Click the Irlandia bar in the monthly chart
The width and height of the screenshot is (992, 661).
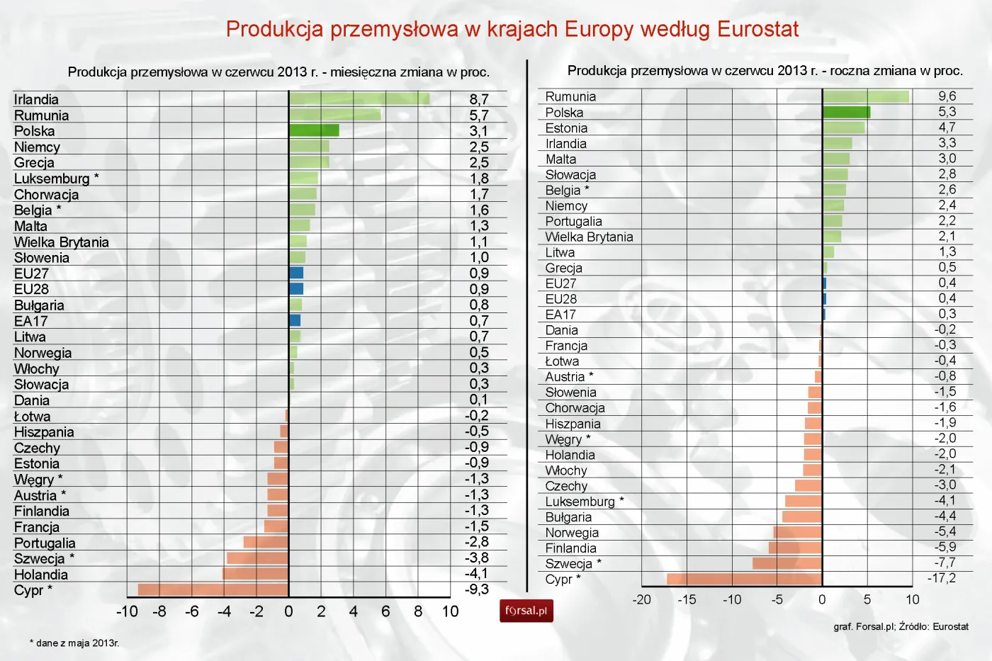click(359, 98)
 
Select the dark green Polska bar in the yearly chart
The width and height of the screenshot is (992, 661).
click(846, 112)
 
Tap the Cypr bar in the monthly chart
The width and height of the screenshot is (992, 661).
click(213, 589)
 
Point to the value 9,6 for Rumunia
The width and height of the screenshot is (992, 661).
click(947, 96)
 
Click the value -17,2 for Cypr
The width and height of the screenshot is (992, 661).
click(942, 578)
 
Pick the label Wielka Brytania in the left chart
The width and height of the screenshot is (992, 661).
click(62, 242)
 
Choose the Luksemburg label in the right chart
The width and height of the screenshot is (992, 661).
click(580, 502)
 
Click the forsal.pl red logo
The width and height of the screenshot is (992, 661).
click(526, 611)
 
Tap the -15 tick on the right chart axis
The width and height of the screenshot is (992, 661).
click(686, 599)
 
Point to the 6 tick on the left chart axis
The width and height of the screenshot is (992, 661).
click(385, 611)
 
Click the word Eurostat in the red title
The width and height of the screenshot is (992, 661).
click(757, 29)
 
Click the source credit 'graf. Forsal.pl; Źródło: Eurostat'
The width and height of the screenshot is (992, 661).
click(901, 626)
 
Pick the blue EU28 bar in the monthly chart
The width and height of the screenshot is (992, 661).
click(296, 289)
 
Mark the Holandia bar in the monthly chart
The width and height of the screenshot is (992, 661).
click(255, 574)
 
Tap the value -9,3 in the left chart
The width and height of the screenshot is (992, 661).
click(476, 589)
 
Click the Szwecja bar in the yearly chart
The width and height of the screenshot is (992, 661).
click(787, 563)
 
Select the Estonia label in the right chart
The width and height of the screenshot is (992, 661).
click(566, 128)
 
